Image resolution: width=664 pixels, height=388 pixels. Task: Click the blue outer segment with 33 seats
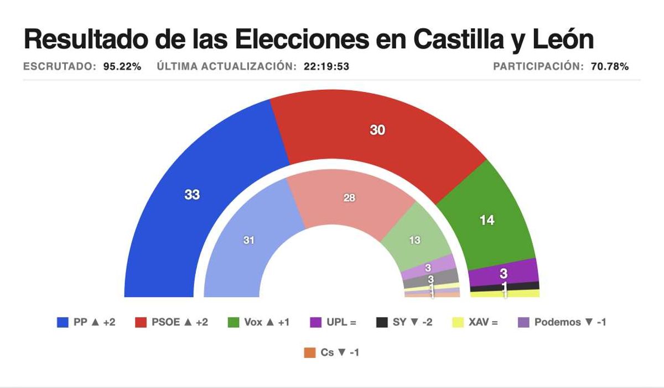tap(192, 195)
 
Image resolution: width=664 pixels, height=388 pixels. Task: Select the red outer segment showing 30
tap(377, 131)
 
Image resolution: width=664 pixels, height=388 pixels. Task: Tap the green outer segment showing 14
tap(486, 220)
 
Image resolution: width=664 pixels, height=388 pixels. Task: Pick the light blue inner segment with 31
tap(249, 241)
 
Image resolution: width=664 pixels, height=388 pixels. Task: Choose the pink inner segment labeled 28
tap(349, 198)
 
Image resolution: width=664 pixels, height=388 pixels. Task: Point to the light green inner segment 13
tap(414, 240)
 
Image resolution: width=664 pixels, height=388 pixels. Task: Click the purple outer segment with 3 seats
tap(504, 273)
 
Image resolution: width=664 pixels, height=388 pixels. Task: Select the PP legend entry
tap(86, 322)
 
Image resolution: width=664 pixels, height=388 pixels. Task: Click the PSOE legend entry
tap(172, 322)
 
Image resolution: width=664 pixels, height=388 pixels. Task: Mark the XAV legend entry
tap(475, 322)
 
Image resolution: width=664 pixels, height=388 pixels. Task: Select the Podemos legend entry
tap(562, 322)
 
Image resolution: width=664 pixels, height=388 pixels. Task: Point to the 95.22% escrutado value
tap(122, 67)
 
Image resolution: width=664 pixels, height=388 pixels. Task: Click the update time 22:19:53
tap(326, 67)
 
